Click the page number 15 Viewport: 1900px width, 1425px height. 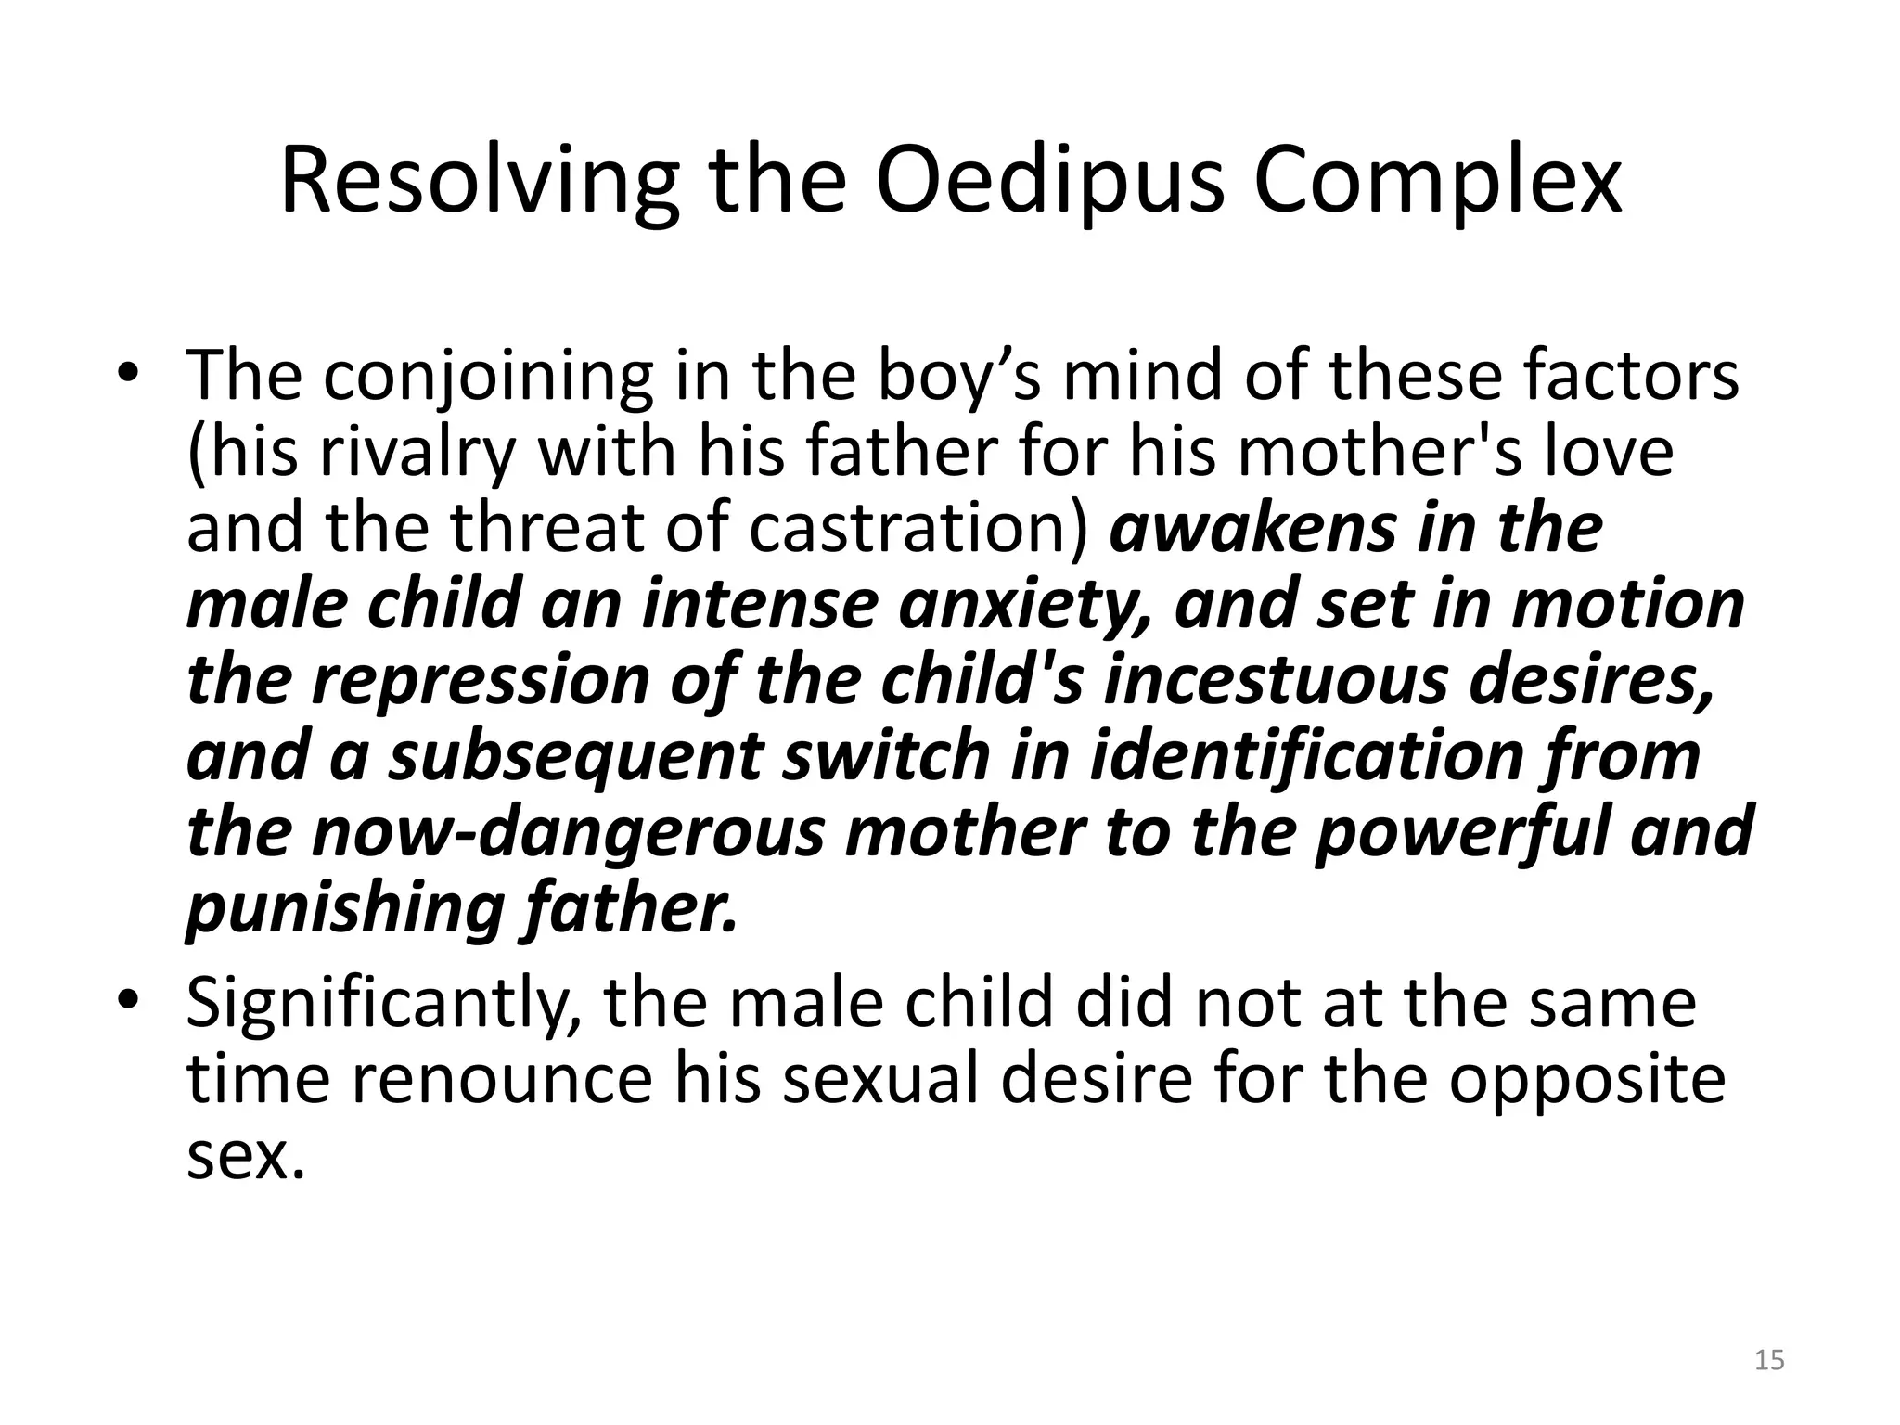pos(1770,1360)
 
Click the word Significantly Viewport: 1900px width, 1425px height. pos(384,1004)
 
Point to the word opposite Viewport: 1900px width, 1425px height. pos(1586,1079)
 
